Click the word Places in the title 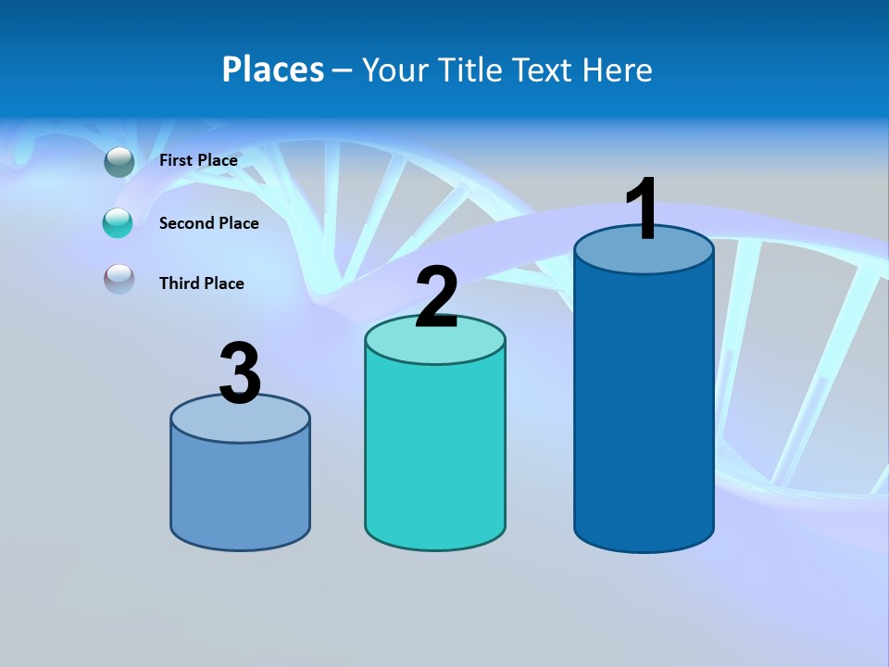[272, 69]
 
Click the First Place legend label [198, 160]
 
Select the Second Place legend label [208, 223]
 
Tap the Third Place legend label [201, 283]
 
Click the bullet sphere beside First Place [119, 161]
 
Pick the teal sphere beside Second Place [118, 222]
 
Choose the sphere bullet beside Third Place [119, 279]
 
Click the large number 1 [642, 209]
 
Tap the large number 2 [436, 297]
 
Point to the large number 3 [241, 373]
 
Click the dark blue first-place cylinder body [644, 408]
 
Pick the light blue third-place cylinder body [240, 491]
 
